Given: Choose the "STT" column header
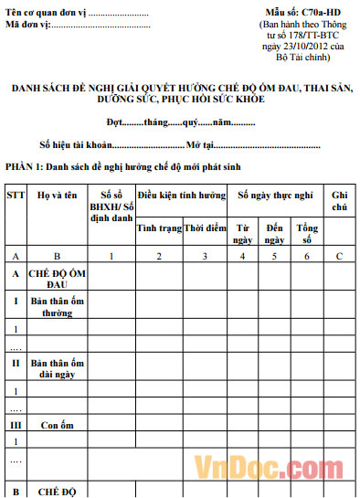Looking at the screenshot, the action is [x=16, y=196].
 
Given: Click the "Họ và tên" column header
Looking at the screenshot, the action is [x=57, y=196].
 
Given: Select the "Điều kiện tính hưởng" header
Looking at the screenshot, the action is [x=182, y=196].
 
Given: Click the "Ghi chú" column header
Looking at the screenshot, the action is [x=340, y=201].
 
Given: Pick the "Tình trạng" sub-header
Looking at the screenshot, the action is [x=159, y=227].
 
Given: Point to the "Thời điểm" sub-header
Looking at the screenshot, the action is [x=205, y=227].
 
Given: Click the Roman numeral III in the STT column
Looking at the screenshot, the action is [x=16, y=425].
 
